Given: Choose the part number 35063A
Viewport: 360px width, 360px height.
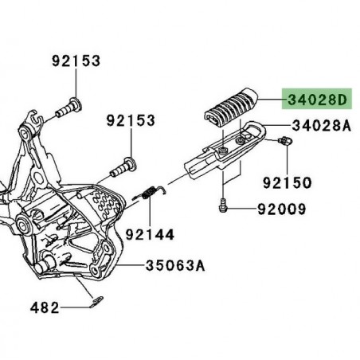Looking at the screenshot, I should [x=174, y=265].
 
